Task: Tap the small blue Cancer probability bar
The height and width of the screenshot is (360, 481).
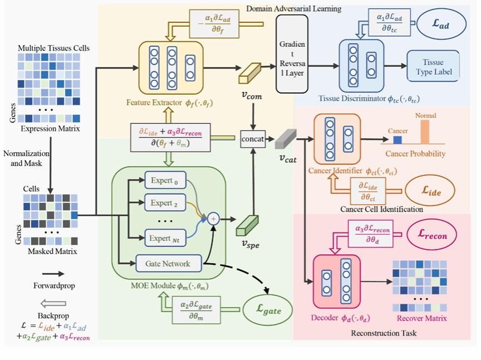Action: [398, 142]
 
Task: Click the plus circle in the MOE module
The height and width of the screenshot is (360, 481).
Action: [213, 220]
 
